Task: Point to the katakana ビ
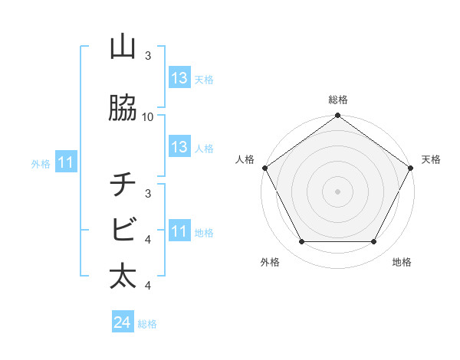[x=123, y=229]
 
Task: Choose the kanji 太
[x=123, y=276]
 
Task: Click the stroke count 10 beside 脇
[x=148, y=117]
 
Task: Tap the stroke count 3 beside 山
[x=148, y=56]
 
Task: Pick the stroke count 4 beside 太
[x=148, y=286]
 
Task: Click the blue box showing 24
[x=123, y=322]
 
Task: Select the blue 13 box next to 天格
[x=179, y=78]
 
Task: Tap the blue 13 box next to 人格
[x=179, y=147]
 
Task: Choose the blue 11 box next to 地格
[x=179, y=231]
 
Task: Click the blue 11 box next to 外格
[x=67, y=162]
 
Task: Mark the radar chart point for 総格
[x=337, y=116]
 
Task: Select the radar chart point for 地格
[x=374, y=242]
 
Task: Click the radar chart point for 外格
[x=301, y=242]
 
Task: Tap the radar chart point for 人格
[x=264, y=168]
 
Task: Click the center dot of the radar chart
[x=337, y=191]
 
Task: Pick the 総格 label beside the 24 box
[x=147, y=324]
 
